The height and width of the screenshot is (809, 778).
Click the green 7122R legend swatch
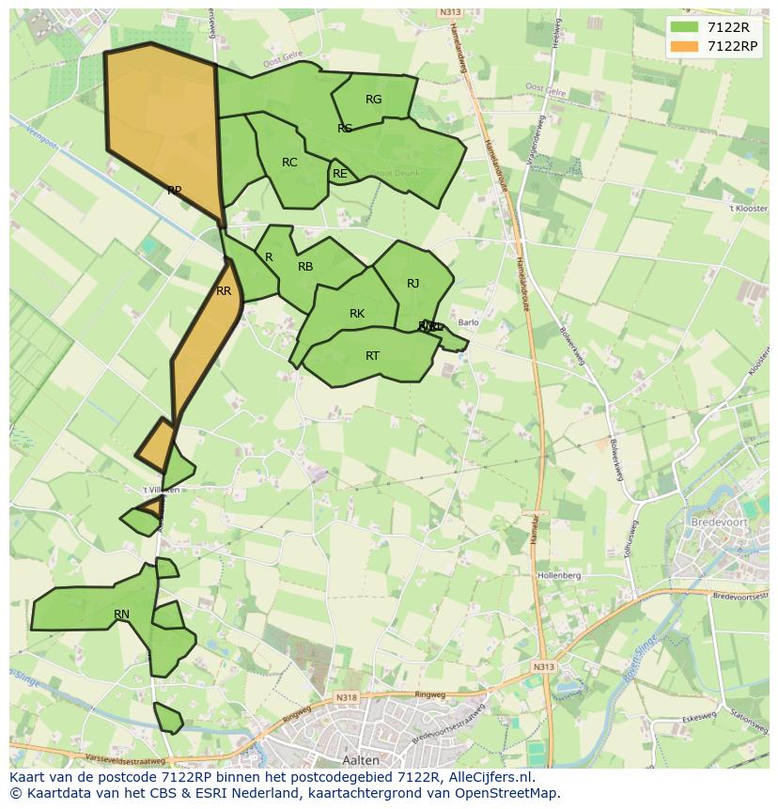click(x=685, y=27)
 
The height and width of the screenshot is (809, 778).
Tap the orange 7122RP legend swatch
click(x=685, y=46)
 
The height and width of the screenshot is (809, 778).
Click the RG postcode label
click(x=373, y=100)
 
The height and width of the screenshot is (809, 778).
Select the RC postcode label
click(x=289, y=163)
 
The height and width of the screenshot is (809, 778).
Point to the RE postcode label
click(x=340, y=174)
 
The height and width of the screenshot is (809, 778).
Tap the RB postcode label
click(x=305, y=267)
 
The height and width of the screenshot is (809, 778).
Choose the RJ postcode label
click(x=413, y=284)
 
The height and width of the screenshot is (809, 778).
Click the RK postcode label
click(x=357, y=314)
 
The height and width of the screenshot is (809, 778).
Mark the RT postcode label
click(x=373, y=356)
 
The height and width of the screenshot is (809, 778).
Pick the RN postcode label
click(x=121, y=615)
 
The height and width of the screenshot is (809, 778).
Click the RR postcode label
click(x=224, y=291)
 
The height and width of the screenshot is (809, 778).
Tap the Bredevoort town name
click(x=717, y=521)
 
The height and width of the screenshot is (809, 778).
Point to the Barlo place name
click(x=468, y=322)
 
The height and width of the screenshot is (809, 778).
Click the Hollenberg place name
click(x=559, y=575)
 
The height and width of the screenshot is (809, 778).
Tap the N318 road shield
click(x=346, y=697)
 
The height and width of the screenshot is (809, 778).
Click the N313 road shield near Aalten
click(x=543, y=666)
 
